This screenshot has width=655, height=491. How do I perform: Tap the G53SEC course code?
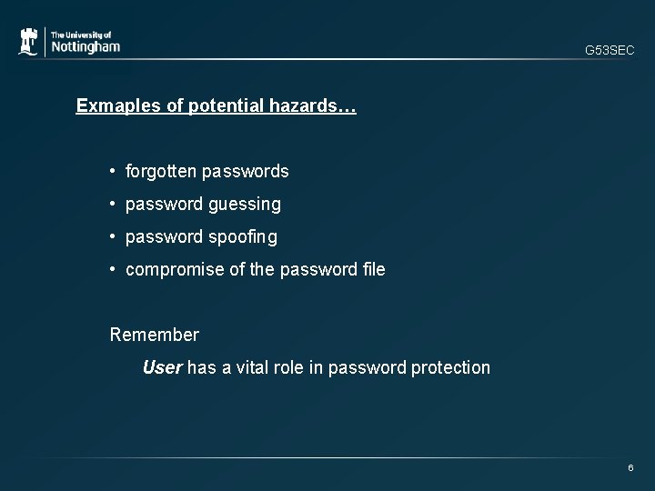(610, 51)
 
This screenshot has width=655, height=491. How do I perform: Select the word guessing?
(244, 205)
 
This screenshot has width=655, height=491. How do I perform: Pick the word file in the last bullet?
(373, 269)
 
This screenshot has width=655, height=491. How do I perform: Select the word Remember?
(154, 335)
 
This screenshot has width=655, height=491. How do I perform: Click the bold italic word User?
(163, 367)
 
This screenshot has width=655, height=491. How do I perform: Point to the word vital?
(257, 367)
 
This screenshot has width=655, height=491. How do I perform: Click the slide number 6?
(630, 467)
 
